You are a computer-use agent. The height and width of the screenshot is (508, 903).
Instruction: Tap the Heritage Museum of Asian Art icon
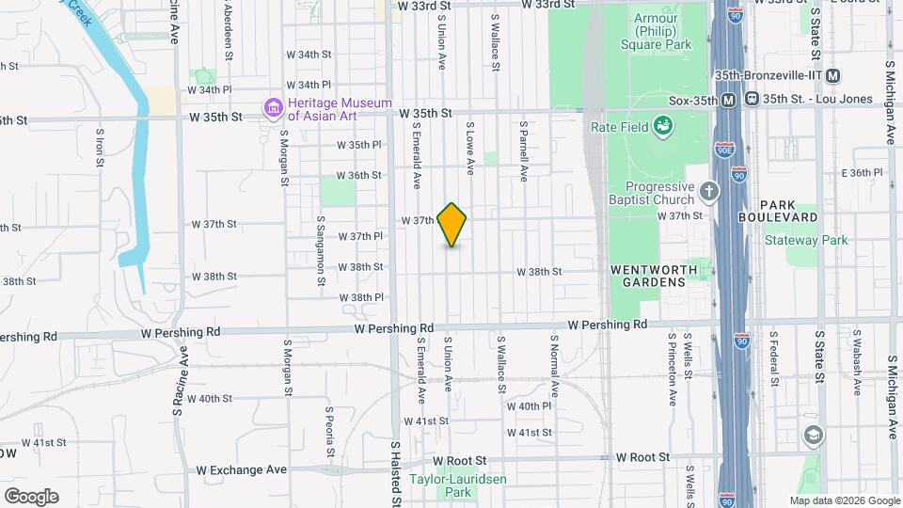tap(274, 108)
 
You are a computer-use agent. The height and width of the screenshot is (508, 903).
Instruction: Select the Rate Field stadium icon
tap(663, 125)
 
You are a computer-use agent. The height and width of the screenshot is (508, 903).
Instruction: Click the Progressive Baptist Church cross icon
tap(710, 193)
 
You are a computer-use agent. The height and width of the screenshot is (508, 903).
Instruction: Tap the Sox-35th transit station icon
tap(729, 99)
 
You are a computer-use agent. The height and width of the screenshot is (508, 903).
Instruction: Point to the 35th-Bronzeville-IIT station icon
tap(833, 76)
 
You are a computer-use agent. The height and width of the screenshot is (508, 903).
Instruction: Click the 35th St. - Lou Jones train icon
tap(752, 99)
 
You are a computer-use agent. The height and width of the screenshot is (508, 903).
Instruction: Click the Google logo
tap(31, 495)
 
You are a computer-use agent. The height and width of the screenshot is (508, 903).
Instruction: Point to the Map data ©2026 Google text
tap(844, 500)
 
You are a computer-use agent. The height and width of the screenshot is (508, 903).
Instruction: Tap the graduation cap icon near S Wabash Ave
tap(813, 436)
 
